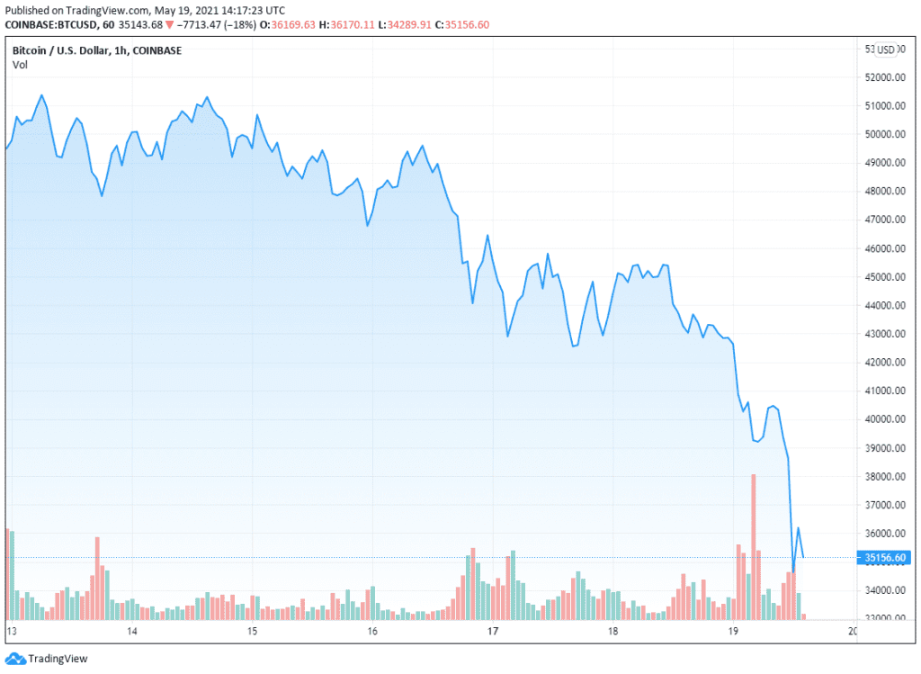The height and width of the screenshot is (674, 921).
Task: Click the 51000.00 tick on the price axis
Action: [883, 106]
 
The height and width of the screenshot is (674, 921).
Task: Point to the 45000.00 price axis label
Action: [883, 277]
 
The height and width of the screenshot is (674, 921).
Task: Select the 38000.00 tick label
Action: [883, 477]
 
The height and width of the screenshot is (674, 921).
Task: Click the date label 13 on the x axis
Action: [12, 632]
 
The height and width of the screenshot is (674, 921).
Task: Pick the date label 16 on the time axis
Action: [372, 632]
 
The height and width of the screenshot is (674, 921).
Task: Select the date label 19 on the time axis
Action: [732, 632]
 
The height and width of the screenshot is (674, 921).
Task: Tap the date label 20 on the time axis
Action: [852, 632]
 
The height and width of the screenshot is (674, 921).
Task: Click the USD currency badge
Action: [887, 49]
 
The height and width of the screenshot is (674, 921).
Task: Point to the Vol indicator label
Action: [20, 65]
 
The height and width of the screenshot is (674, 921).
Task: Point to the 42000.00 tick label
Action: [883, 363]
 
